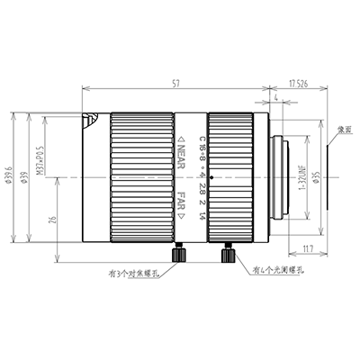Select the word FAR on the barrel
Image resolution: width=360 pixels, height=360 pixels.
(x=182, y=199)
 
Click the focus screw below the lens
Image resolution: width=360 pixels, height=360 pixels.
(x=180, y=255)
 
